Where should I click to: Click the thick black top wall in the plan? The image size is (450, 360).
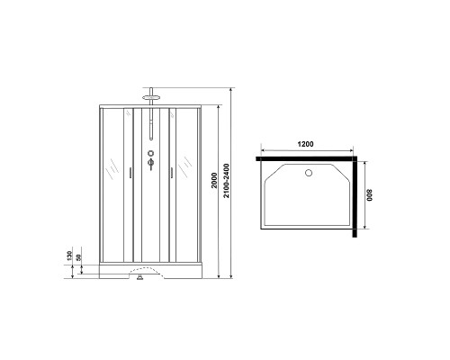point(306,157)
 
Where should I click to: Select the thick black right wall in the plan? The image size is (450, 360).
point(357,199)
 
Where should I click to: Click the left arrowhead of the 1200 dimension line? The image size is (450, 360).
point(260,149)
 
